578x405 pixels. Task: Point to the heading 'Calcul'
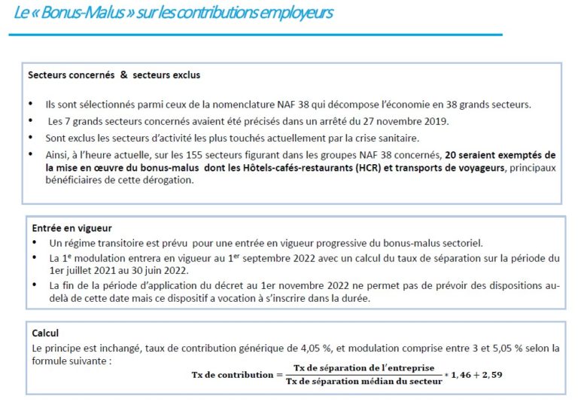[45, 332]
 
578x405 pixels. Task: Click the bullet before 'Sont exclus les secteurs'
[30, 138]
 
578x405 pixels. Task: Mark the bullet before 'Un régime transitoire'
[35, 242]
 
